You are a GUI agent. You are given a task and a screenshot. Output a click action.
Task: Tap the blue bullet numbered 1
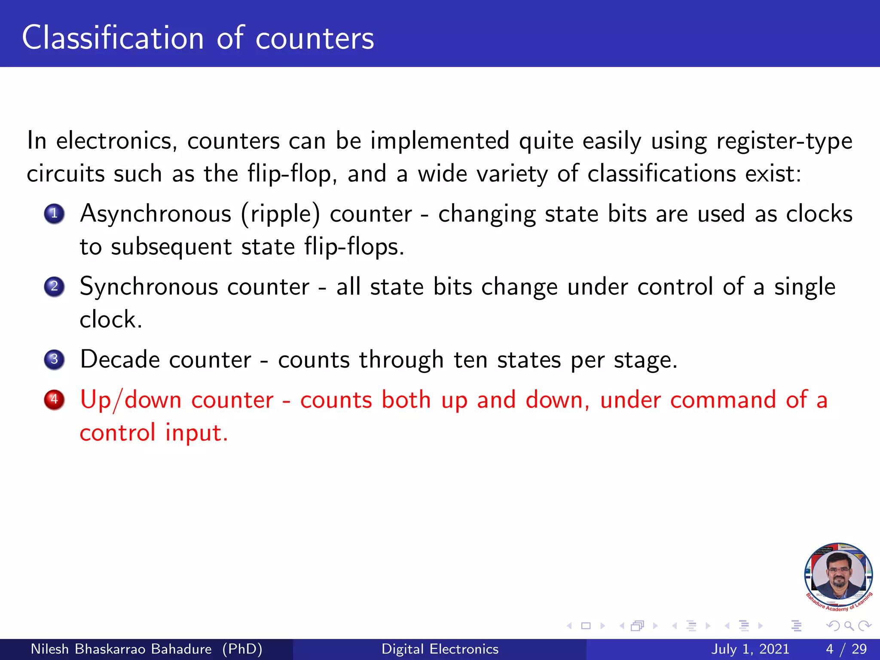click(x=54, y=214)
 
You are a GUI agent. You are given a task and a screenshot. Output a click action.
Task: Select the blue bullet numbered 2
click(x=54, y=287)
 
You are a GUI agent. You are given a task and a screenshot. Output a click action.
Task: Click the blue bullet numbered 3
click(x=54, y=359)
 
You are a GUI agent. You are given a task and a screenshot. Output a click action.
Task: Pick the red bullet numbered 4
click(x=54, y=400)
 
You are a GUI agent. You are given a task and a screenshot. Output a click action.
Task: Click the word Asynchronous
click(x=156, y=214)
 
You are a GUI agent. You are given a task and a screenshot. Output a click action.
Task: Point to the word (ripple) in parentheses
click(x=281, y=214)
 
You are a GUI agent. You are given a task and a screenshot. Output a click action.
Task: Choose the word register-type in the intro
click(x=784, y=141)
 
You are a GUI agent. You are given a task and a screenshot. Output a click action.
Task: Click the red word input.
click(x=196, y=432)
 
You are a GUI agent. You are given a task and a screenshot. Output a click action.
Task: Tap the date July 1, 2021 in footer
click(x=750, y=649)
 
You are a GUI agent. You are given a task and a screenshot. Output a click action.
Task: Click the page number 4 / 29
click(x=846, y=649)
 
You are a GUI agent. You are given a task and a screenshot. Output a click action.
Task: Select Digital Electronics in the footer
click(x=440, y=649)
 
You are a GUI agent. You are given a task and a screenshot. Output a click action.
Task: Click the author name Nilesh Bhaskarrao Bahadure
click(x=121, y=649)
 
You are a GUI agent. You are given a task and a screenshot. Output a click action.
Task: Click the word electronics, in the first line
click(x=116, y=141)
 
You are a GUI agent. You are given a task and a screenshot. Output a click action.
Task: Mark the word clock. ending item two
click(x=111, y=319)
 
